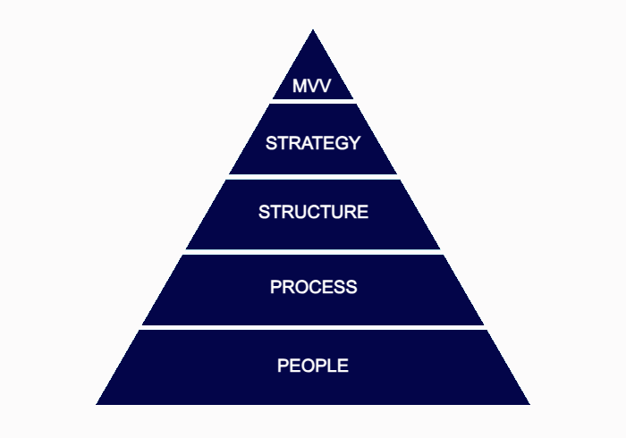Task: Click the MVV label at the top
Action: [312, 88]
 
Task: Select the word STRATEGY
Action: [313, 143]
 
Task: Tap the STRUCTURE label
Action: [313, 213]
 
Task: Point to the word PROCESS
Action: [313, 287]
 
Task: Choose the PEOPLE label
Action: [313, 366]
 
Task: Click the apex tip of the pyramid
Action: [313, 31]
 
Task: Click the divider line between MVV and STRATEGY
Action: [313, 101]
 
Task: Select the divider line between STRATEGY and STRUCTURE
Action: [313, 177]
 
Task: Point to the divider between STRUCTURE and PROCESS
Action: [313, 252]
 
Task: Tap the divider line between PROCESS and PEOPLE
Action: [313, 327]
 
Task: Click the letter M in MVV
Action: [300, 88]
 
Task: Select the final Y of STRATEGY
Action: [354, 143]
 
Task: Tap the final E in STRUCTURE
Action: [362, 213]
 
